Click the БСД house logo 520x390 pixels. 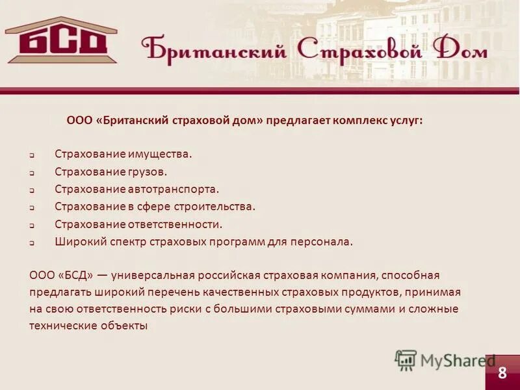tap(62, 40)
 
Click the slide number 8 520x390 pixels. tap(502, 372)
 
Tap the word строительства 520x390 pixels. tap(215, 207)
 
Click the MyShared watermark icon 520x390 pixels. tap(406, 360)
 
